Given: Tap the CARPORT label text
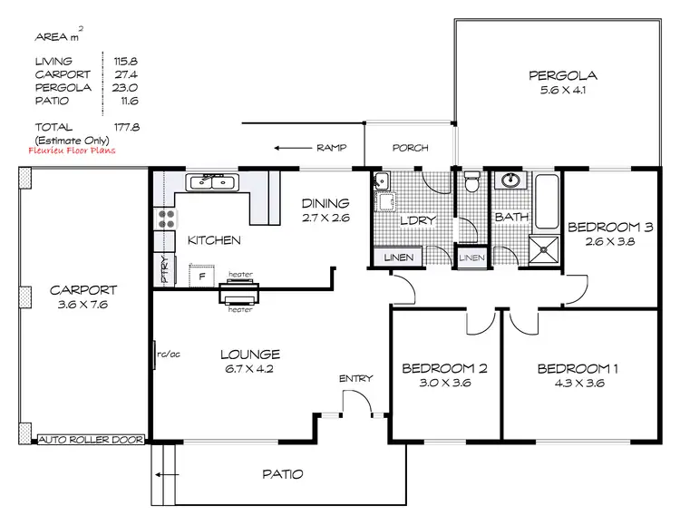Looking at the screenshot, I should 83,290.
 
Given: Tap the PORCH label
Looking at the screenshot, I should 410,148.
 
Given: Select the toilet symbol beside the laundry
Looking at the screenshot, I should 471,185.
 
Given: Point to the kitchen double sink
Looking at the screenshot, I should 212,183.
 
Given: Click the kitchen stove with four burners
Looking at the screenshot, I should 167,218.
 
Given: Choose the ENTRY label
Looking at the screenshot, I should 355,378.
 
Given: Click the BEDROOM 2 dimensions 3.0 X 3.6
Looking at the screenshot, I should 444,384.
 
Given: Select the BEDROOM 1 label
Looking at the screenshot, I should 578,369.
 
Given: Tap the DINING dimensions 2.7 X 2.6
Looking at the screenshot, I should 325,219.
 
